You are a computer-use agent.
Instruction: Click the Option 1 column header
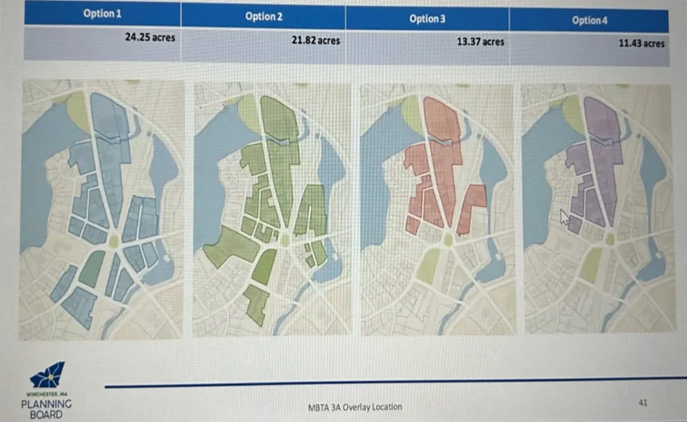102,13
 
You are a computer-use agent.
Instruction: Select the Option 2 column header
263,16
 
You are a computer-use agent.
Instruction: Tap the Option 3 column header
427,19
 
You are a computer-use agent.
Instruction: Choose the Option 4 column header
589,20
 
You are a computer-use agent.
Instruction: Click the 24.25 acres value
150,37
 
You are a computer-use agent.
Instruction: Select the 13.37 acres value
480,42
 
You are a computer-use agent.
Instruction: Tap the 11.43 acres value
641,43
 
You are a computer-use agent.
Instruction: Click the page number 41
643,403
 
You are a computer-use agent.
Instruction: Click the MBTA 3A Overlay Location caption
354,407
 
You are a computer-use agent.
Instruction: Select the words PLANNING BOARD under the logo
46,408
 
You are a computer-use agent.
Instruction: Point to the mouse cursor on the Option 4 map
564,216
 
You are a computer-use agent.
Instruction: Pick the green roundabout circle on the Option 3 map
448,240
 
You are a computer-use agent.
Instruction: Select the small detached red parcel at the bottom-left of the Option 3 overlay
412,225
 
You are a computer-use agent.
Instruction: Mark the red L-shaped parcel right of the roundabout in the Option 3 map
471,207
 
